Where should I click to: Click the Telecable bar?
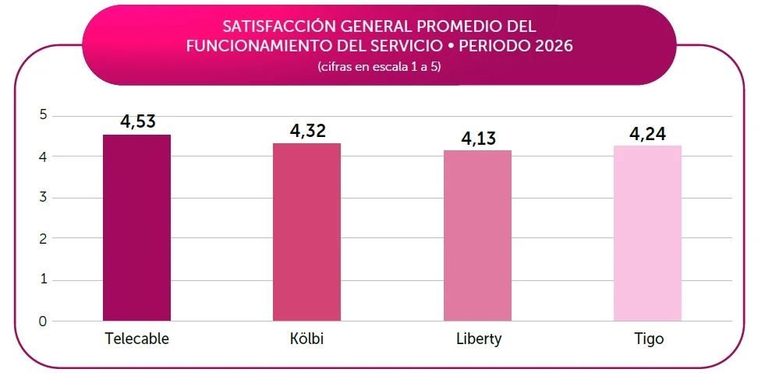coord(136,228)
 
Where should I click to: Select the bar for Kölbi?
coord(306,232)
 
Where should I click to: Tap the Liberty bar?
coord(477,236)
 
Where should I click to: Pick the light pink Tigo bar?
coord(647,233)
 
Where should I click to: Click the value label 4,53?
coord(138,121)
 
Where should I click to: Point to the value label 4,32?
coord(308,131)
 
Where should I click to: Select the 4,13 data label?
coord(479,138)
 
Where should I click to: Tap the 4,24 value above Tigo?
coord(648,134)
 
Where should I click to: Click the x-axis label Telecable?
coord(137,339)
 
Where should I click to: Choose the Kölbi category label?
coord(308,339)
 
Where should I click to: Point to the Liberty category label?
coord(479,339)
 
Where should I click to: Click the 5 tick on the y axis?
coord(43,115)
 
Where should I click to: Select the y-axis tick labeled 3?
coord(43,198)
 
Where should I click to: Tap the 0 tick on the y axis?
coord(43,321)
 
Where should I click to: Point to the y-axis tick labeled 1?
coord(43,280)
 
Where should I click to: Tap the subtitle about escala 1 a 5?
coord(379,67)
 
